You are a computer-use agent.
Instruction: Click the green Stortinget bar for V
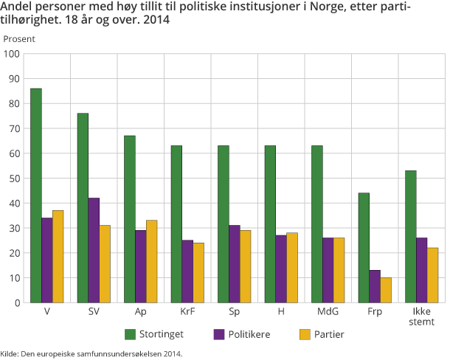click(36, 195)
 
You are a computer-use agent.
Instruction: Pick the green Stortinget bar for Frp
click(364, 247)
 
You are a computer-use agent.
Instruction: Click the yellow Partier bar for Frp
click(385, 290)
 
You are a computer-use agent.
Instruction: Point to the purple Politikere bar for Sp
click(234, 263)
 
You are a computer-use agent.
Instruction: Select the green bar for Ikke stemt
click(410, 236)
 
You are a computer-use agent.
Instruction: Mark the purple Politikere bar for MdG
click(328, 270)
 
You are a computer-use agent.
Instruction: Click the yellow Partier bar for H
click(292, 267)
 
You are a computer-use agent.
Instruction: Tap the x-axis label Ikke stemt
click(421, 317)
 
